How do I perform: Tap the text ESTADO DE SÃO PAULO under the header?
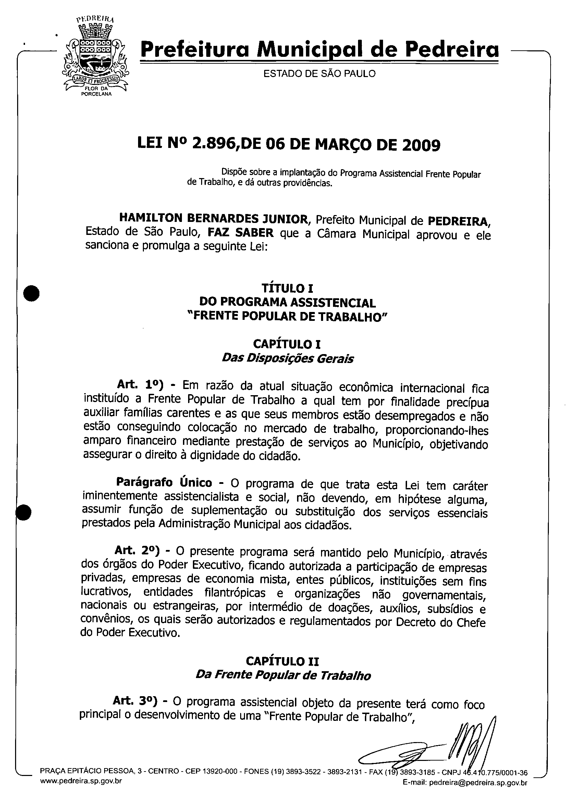(x=319, y=74)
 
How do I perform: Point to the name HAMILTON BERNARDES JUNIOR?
(x=213, y=219)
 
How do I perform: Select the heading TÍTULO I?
(x=287, y=289)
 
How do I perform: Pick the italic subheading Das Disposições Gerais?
(x=287, y=359)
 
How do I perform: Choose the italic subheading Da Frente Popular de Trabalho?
(x=283, y=675)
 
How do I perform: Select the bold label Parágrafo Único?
(x=164, y=483)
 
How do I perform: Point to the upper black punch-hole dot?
(x=32, y=293)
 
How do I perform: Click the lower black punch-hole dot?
(x=24, y=512)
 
